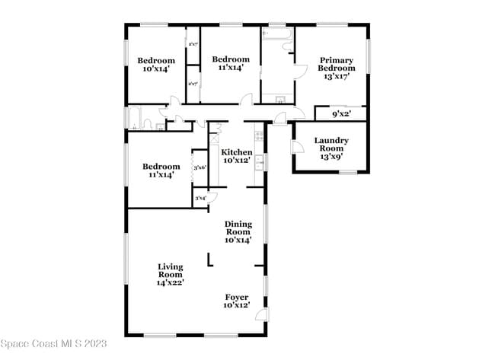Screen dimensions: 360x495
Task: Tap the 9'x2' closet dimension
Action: [340, 114]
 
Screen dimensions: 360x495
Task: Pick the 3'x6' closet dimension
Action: [200, 167]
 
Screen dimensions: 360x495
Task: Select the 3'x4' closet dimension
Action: [200, 199]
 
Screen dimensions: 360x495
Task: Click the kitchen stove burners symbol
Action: [260, 136]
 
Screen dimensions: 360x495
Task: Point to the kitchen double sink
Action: [260, 161]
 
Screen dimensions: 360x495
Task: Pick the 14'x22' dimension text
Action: [171, 282]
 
